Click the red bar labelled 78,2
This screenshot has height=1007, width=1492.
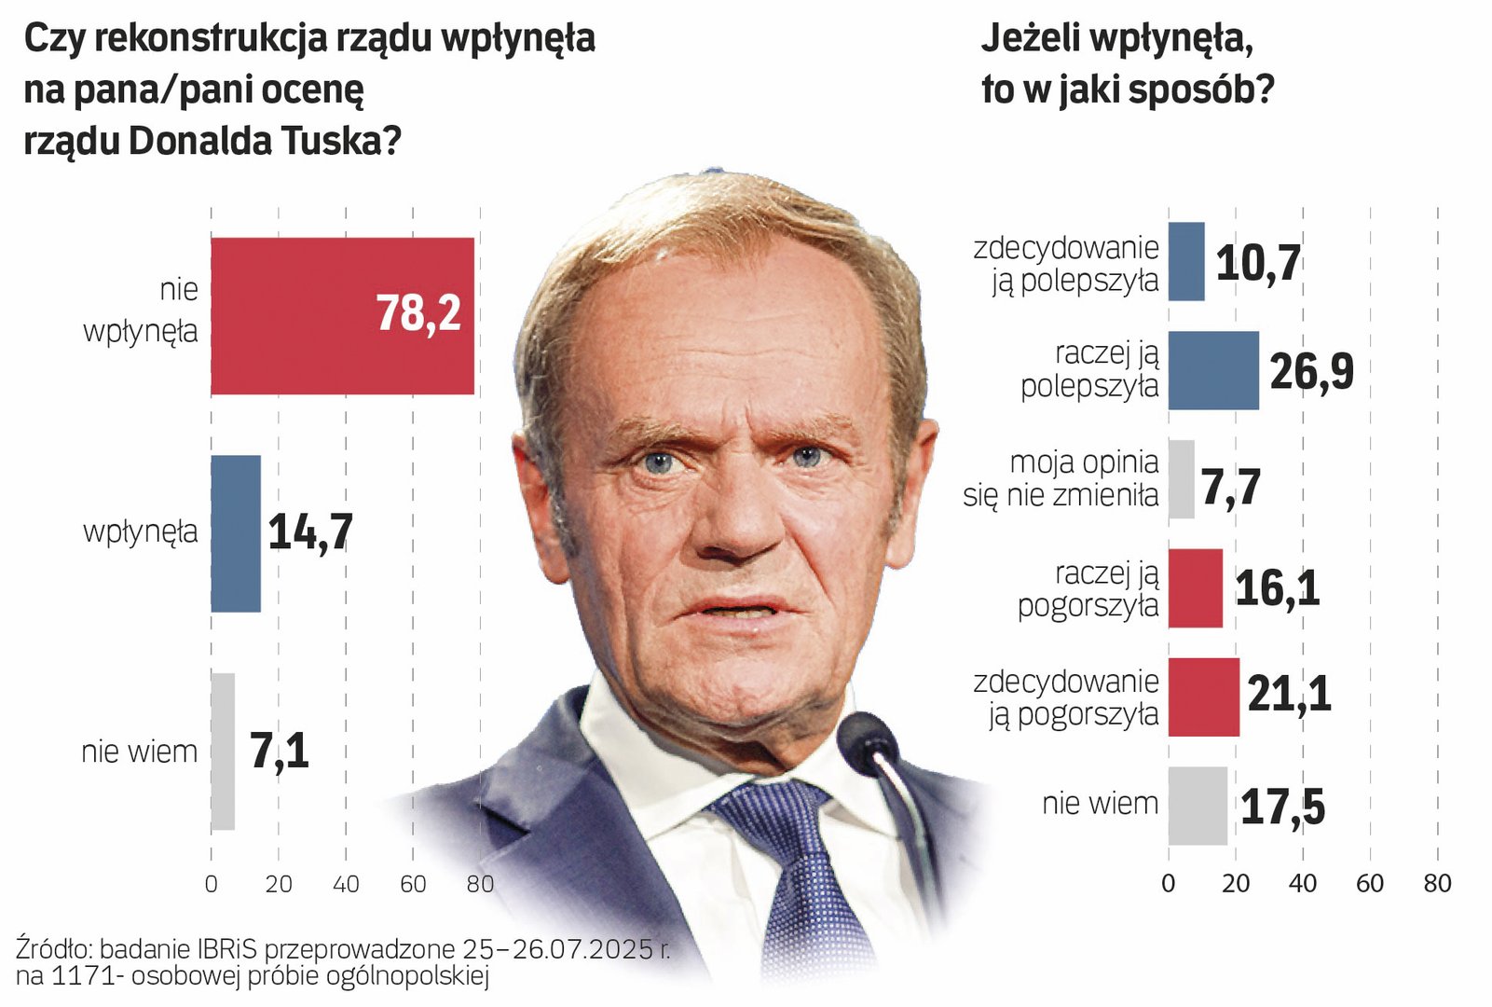pyautogui.click(x=342, y=316)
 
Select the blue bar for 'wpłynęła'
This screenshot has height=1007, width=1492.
pyautogui.click(x=236, y=533)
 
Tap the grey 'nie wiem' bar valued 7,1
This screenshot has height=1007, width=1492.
pyautogui.click(x=223, y=752)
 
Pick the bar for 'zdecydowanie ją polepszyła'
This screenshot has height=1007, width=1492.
pyautogui.click(x=1186, y=262)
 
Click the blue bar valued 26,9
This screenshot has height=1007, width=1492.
pyautogui.click(x=1213, y=371)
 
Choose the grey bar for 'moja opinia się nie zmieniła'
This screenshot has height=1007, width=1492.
pyautogui.click(x=1181, y=479)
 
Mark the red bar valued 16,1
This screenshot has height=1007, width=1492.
pyautogui.click(x=1196, y=588)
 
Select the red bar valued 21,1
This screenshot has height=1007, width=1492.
pyautogui.click(x=1204, y=697)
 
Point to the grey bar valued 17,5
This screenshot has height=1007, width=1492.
pyautogui.click(x=1198, y=807)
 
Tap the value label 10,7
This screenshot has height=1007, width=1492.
pyautogui.click(x=1258, y=264)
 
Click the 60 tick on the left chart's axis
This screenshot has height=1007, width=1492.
pyautogui.click(x=413, y=884)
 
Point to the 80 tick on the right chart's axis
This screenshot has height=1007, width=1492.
pyautogui.click(x=1437, y=884)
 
